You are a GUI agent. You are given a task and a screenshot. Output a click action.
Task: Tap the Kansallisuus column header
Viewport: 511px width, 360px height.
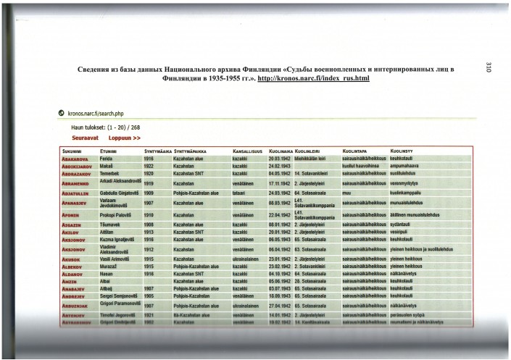[x=247, y=150]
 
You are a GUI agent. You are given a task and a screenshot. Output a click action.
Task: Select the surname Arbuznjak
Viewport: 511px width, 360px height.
[x=78, y=305]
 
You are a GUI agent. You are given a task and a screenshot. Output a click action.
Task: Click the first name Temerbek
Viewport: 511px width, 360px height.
[x=114, y=174]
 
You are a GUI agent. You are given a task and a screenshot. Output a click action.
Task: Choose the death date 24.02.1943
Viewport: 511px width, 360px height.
[x=280, y=166]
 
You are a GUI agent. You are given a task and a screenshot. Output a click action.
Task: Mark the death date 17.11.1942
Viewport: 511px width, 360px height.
[x=280, y=184]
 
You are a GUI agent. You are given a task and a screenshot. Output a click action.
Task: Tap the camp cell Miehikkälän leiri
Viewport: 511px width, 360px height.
[x=313, y=158]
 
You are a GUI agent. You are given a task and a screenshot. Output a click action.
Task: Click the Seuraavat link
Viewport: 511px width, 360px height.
[x=85, y=137]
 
